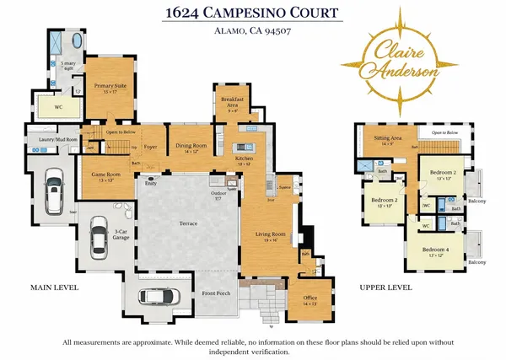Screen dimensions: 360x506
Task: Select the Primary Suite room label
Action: pyautogui.click(x=110, y=87)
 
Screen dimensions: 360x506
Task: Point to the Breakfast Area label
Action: pyautogui.click(x=232, y=103)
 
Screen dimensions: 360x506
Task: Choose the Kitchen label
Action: pyautogui.click(x=245, y=159)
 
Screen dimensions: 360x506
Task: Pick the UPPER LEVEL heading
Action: pyautogui.click(x=385, y=287)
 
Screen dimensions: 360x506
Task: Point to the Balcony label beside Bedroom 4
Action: pyautogui.click(x=477, y=262)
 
